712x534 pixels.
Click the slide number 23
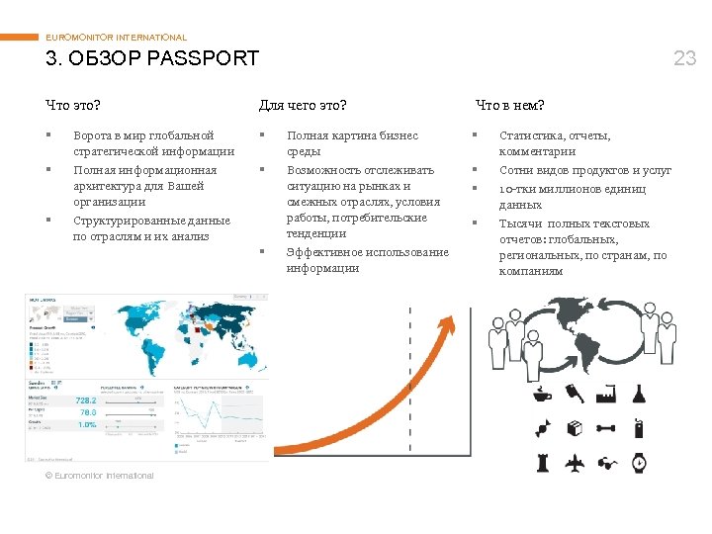click(684, 58)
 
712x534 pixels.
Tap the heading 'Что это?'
click(73, 105)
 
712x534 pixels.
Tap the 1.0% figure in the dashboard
click(87, 424)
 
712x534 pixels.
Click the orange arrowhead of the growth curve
click(449, 322)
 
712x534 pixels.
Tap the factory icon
click(608, 395)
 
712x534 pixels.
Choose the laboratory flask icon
click(640, 394)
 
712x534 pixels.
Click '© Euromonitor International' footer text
click(100, 476)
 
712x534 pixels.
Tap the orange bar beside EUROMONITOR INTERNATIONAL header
click(19, 38)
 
